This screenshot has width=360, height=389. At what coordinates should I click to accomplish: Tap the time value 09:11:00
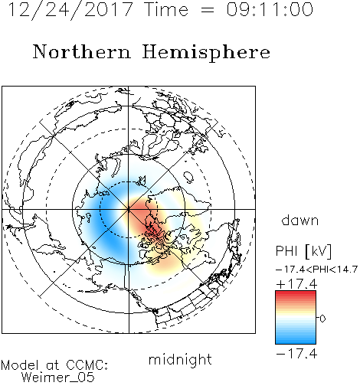[x=270, y=9]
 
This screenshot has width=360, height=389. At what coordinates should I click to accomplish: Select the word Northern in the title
[x=82, y=52]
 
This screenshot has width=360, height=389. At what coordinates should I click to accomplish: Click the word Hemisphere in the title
[x=206, y=53]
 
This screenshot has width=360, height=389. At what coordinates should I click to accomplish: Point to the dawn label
[x=300, y=220]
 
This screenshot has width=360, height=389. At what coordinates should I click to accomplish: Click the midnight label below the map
[x=180, y=360]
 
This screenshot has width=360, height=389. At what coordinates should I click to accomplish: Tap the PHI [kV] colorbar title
[x=303, y=251]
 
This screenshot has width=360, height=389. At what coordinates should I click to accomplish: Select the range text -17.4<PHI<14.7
[x=316, y=270]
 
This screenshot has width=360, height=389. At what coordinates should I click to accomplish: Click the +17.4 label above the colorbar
[x=296, y=284]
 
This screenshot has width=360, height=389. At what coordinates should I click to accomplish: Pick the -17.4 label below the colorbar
[x=296, y=354]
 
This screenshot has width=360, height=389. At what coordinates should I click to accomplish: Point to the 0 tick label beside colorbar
[x=322, y=319]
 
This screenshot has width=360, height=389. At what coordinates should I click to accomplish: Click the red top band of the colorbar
[x=296, y=295]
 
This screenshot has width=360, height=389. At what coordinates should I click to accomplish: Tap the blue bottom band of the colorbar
[x=296, y=339]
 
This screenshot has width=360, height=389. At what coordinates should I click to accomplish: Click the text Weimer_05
[x=58, y=378]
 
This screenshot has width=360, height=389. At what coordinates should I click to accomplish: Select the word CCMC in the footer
[x=87, y=364]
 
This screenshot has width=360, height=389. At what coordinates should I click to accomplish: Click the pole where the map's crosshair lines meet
[x=129, y=209]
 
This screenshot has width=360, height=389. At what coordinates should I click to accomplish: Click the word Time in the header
[x=166, y=9]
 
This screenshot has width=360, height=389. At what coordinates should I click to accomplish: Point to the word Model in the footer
[x=20, y=364]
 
